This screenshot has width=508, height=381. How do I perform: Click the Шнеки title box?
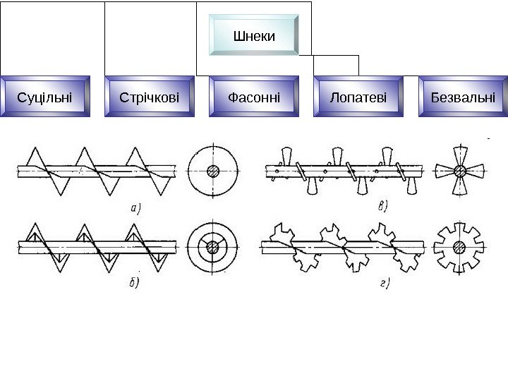coord(254,35)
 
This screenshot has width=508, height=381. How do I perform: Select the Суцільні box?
coord(44,97)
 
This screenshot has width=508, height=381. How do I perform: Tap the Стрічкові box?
coord(150,97)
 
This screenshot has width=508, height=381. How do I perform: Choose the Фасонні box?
coord(254,97)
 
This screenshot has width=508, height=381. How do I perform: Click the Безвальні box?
coord(463,97)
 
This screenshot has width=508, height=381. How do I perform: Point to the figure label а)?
coord(137,207)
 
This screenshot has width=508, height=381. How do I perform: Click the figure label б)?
coord(134,282)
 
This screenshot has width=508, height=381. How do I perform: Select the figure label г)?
coord(385,284)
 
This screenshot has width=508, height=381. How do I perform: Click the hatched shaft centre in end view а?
coord(213,171)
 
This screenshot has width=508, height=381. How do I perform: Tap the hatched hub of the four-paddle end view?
coord(460,171)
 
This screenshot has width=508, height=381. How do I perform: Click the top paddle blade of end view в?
coord(460,154)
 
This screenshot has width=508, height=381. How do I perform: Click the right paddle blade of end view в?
coord(478,171)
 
